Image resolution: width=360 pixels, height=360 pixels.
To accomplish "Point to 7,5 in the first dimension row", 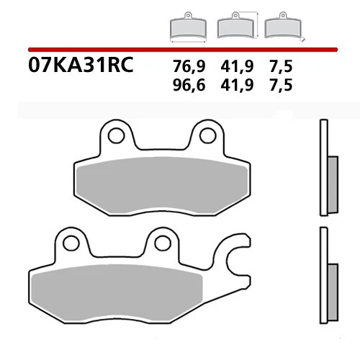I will (x=282, y=66).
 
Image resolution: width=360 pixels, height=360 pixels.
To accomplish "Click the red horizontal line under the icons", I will (x=180, y=49).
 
